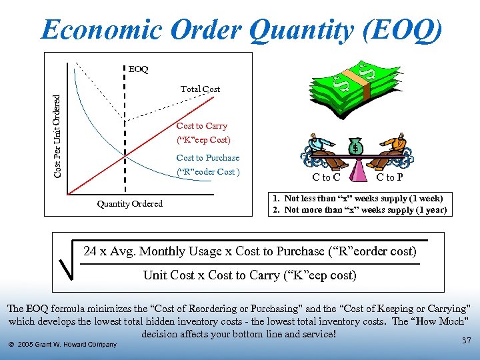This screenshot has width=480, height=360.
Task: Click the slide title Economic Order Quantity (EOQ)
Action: (x=240, y=30)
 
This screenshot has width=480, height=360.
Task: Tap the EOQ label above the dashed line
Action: (x=138, y=69)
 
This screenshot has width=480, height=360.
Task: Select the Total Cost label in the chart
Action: (x=200, y=89)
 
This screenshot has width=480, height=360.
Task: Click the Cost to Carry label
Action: (x=201, y=126)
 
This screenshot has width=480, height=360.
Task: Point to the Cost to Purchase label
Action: (x=207, y=158)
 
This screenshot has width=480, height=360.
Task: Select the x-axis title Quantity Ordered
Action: (x=129, y=204)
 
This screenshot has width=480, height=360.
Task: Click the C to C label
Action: (x=327, y=177)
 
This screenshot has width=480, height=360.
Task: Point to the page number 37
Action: (x=466, y=341)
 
